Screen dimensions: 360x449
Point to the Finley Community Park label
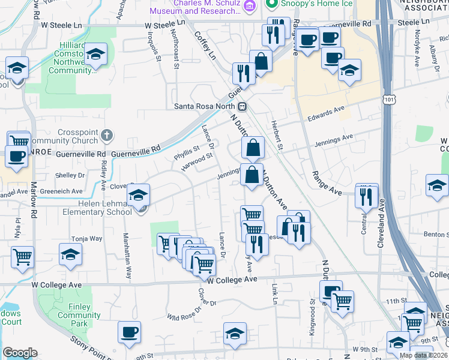pos(75,315)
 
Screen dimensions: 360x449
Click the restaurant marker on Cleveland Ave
pos(367,196)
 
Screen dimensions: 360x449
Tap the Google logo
pos(20,352)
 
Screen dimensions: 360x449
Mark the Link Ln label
pos(274,293)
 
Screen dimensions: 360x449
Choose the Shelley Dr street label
pos(70,175)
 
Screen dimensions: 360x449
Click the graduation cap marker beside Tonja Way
pos(70,255)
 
